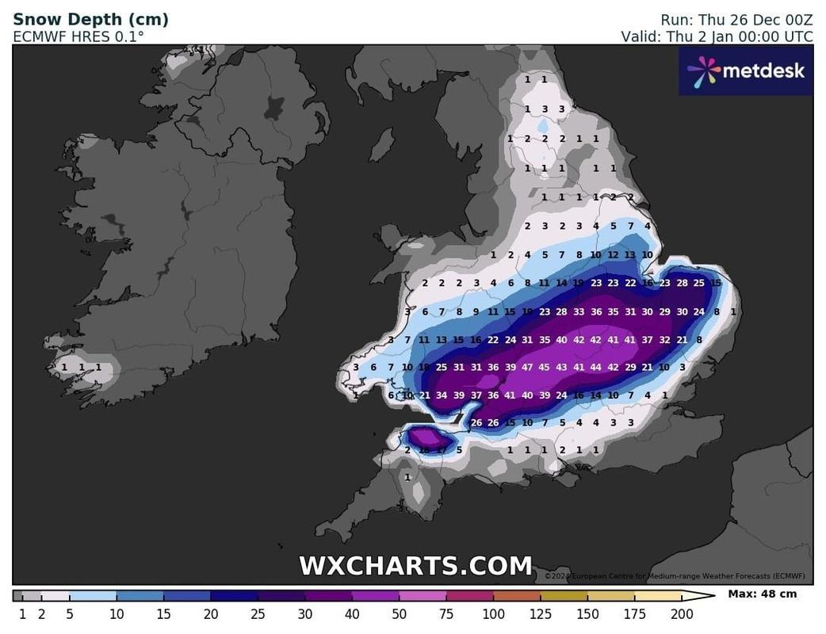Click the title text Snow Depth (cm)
pyautogui.click(x=90, y=19)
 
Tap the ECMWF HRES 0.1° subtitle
pyautogui.click(x=78, y=36)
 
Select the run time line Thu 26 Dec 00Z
pyautogui.click(x=736, y=19)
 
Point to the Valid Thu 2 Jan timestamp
pyautogui.click(x=717, y=36)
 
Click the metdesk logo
pyautogui.click(x=746, y=71)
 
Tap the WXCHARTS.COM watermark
pyautogui.click(x=415, y=566)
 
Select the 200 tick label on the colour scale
pyautogui.click(x=682, y=614)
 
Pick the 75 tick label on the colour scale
pyautogui.click(x=446, y=614)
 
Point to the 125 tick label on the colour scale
pyautogui.click(x=541, y=614)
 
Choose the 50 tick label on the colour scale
pyautogui.click(x=400, y=614)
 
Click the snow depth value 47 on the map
pyautogui.click(x=527, y=367)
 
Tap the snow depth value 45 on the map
pyautogui.click(x=545, y=367)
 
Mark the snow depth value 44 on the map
pyautogui.click(x=596, y=367)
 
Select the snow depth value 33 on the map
pyautogui.click(x=579, y=312)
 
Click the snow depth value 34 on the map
pyautogui.click(x=442, y=395)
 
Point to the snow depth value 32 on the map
pyautogui.click(x=664, y=340)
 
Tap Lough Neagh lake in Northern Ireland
pyautogui.click(x=276, y=105)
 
